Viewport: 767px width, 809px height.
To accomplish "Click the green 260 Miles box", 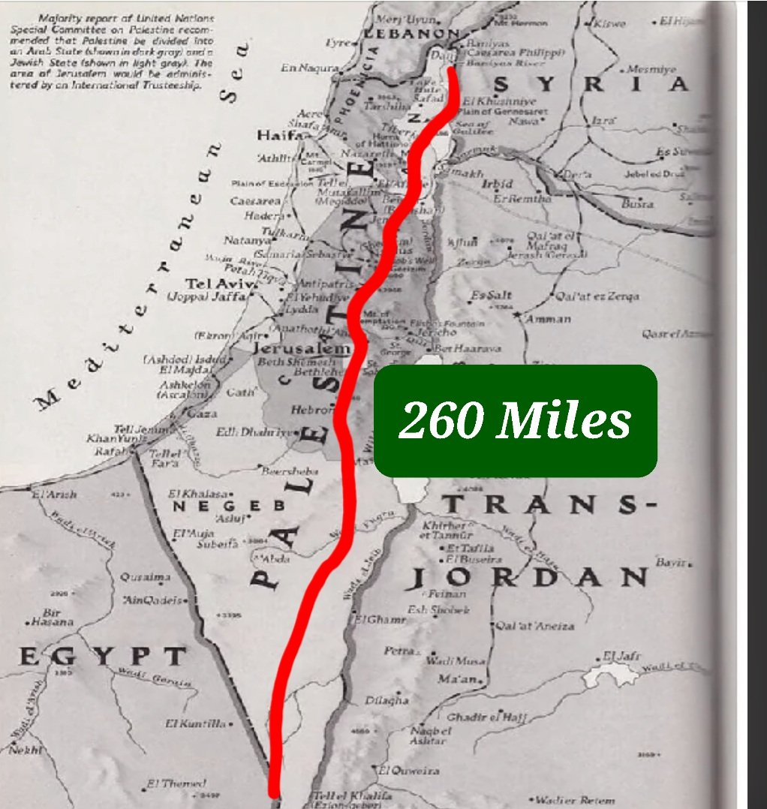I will coord(516,420).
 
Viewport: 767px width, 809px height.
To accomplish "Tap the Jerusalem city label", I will coord(302,349).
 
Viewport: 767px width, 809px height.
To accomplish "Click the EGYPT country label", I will coord(102,657).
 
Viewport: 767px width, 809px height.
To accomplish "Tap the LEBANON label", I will coord(411,34).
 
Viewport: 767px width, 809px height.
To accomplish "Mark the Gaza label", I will coord(203,414).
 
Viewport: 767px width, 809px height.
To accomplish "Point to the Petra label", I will coord(399,651).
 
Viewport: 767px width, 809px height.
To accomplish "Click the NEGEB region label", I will coord(219,507).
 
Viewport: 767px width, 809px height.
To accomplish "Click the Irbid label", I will coord(498,184).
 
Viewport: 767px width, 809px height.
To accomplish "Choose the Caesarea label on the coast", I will coord(255,201).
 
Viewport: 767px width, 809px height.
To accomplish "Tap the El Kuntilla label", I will coord(194,723).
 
